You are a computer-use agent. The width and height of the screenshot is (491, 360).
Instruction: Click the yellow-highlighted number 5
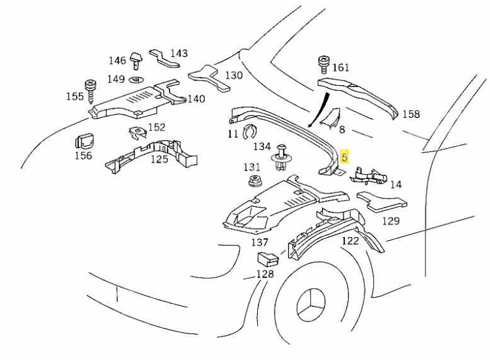pyautogui.click(x=344, y=156)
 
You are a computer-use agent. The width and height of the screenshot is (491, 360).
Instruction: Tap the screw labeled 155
pyautogui.click(x=91, y=91)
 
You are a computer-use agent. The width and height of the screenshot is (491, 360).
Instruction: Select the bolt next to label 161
pyautogui.click(x=324, y=64)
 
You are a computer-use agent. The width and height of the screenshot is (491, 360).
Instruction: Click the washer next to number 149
pyautogui.click(x=137, y=79)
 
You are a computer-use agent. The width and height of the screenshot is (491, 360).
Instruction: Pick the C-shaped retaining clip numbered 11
pyautogui.click(x=250, y=131)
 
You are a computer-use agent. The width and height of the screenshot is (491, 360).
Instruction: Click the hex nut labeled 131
pyautogui.click(x=255, y=180)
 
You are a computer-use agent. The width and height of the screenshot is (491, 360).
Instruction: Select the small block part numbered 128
pyautogui.click(x=268, y=258)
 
